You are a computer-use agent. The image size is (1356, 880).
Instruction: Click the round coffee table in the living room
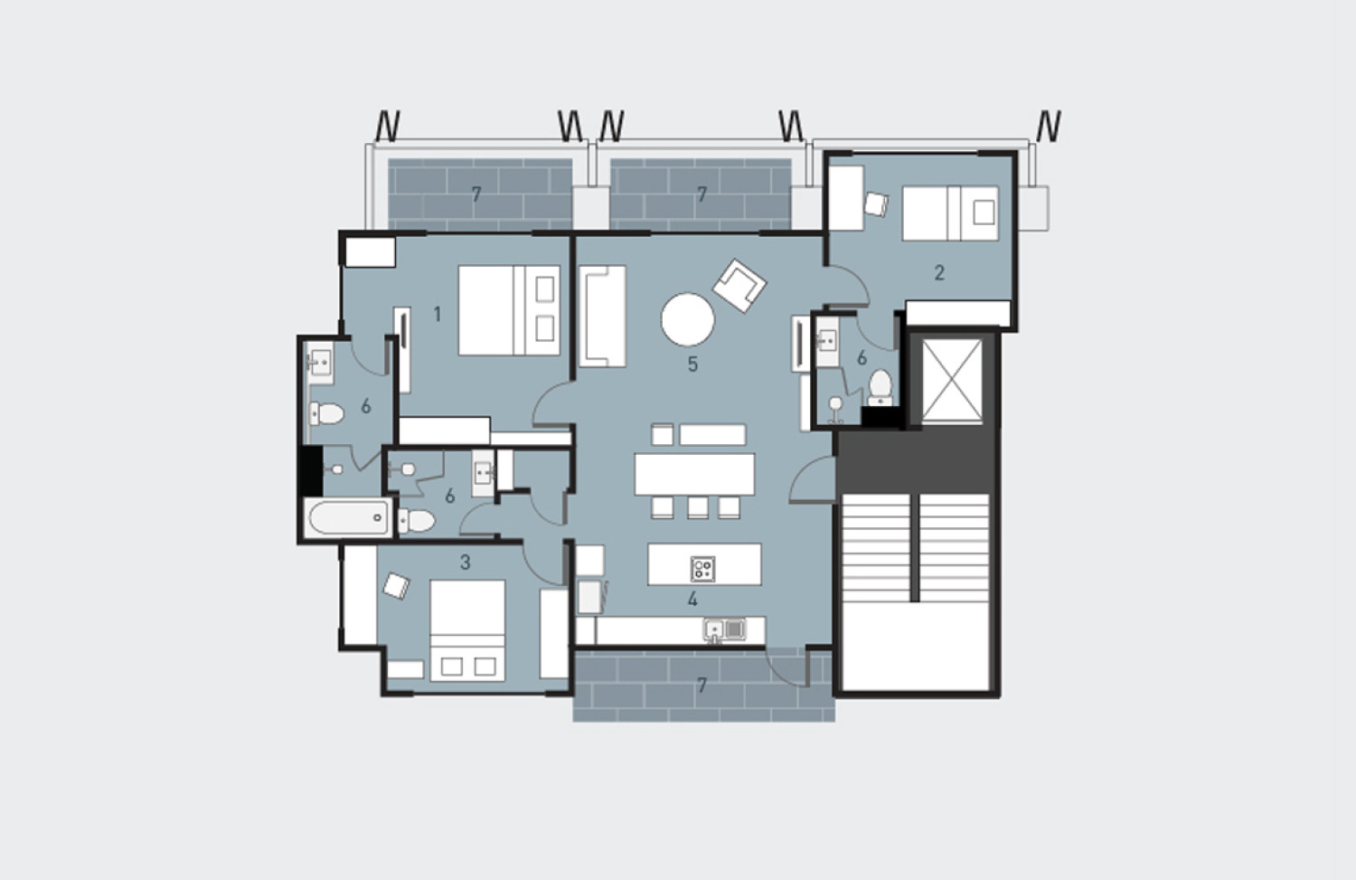tap(688, 320)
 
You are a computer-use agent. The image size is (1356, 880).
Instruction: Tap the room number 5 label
tap(692, 364)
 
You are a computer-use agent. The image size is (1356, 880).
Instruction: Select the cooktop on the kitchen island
tap(702, 569)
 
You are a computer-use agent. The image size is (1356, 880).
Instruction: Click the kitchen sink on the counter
tap(725, 629)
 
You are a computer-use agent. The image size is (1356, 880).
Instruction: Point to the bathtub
tap(347, 518)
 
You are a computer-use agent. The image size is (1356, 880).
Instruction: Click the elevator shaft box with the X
tap(952, 380)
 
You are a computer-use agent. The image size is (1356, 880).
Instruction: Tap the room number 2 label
tap(939, 272)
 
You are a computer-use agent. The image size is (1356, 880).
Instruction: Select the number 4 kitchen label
tap(692, 599)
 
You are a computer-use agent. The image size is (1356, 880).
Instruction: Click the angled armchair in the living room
tap(739, 285)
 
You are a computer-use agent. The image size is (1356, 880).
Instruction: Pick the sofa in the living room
tap(602, 317)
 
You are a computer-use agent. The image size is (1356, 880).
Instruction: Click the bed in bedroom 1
tap(509, 310)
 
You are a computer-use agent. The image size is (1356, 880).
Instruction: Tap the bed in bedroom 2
tap(950, 213)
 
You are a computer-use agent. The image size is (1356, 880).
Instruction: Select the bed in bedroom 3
tap(467, 630)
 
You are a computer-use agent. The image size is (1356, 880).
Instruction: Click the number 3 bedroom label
tap(465, 562)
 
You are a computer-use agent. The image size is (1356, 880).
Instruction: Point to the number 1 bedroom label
tap(437, 315)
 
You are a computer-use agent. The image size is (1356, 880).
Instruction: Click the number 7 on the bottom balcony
tap(702, 685)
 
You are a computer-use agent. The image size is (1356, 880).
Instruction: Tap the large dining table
tap(694, 474)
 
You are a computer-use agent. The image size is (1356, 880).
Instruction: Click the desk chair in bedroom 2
tap(876, 204)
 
